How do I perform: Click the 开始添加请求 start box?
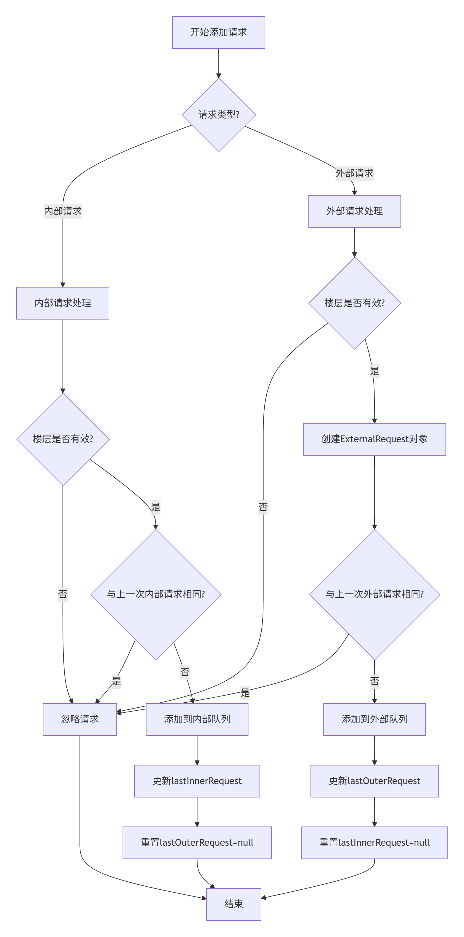[x=218, y=32]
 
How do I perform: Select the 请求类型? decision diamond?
[x=219, y=115]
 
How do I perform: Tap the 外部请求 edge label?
[x=354, y=173]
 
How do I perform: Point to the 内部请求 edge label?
[x=63, y=211]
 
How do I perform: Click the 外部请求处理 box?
[x=354, y=211]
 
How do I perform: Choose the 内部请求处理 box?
[x=63, y=303]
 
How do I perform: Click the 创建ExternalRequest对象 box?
[x=374, y=439]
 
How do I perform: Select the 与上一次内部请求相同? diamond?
[x=156, y=594]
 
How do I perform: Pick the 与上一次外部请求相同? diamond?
[x=375, y=594]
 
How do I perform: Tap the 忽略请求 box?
[x=80, y=719]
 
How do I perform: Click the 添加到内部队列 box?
[x=197, y=719]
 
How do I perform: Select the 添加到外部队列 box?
[x=374, y=719]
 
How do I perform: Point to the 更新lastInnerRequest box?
[x=197, y=781]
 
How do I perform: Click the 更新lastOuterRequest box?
[x=374, y=781]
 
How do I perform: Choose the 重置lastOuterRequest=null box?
[x=197, y=843]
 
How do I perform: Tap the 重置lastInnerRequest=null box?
[x=374, y=843]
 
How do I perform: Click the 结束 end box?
[x=233, y=904]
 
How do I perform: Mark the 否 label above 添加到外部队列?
[x=375, y=681]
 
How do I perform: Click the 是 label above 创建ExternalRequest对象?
[x=375, y=371]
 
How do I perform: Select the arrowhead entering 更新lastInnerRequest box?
[x=197, y=763]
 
